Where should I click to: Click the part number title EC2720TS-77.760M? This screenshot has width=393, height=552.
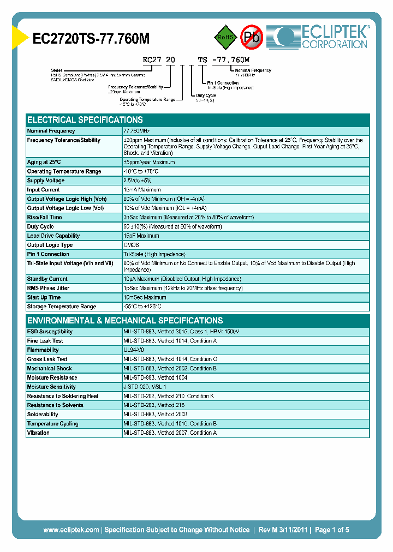click(91, 38)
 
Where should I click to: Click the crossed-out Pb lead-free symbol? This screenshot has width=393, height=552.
click(252, 37)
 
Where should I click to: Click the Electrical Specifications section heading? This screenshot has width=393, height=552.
click(85, 120)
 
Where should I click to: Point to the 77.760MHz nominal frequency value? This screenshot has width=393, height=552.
click(136, 131)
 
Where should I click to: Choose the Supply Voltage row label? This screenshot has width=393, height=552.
click(46, 181)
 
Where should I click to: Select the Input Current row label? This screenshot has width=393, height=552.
click(44, 190)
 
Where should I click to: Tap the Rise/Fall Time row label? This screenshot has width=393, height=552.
click(44, 217)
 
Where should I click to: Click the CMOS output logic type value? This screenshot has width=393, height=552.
click(131, 245)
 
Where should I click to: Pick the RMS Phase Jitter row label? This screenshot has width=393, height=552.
click(49, 288)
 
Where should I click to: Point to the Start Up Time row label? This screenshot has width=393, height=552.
click(44, 297)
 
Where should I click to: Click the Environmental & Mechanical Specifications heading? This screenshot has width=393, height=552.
click(125, 321)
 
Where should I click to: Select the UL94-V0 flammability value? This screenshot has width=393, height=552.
click(134, 350)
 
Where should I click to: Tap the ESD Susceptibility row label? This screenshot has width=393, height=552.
click(50, 332)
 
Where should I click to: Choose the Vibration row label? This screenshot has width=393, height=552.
click(38, 433)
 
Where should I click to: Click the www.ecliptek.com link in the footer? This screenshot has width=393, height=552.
click(71, 530)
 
